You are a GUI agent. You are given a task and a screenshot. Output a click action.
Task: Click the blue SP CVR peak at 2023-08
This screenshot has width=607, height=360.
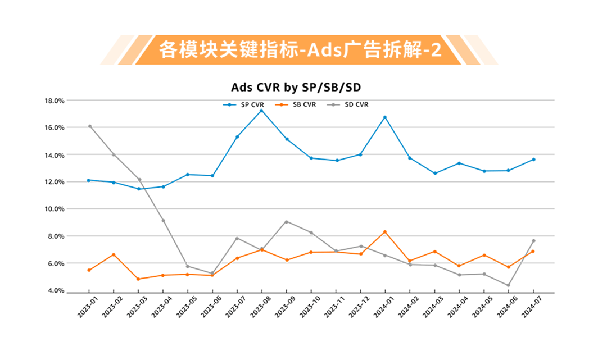261,111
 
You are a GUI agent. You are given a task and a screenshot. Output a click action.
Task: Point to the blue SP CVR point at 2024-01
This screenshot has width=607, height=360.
385,117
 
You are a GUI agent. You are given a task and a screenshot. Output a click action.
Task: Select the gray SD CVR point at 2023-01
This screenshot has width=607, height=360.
89,126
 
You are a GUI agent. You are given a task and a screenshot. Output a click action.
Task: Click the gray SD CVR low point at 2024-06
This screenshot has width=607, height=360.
508,285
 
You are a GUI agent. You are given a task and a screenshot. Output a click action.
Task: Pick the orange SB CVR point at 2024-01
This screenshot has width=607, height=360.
385,232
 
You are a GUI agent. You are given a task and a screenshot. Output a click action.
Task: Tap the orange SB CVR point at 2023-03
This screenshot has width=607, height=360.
138,279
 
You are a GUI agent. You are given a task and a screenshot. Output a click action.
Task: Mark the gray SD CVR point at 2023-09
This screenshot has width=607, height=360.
287,222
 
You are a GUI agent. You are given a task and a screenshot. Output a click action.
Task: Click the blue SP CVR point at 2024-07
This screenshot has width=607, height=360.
533,160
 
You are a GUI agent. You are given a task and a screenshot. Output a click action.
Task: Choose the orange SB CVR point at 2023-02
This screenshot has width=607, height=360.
114,254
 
